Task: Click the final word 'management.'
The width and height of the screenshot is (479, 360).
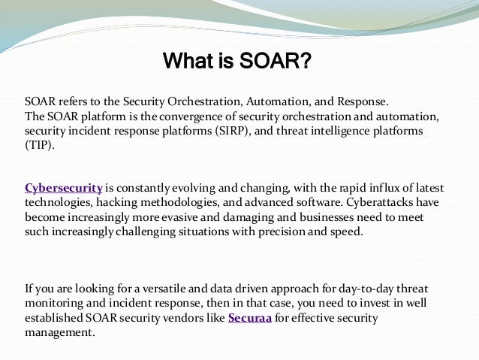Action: (x=61, y=333)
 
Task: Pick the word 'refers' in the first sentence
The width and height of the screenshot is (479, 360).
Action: (x=73, y=102)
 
